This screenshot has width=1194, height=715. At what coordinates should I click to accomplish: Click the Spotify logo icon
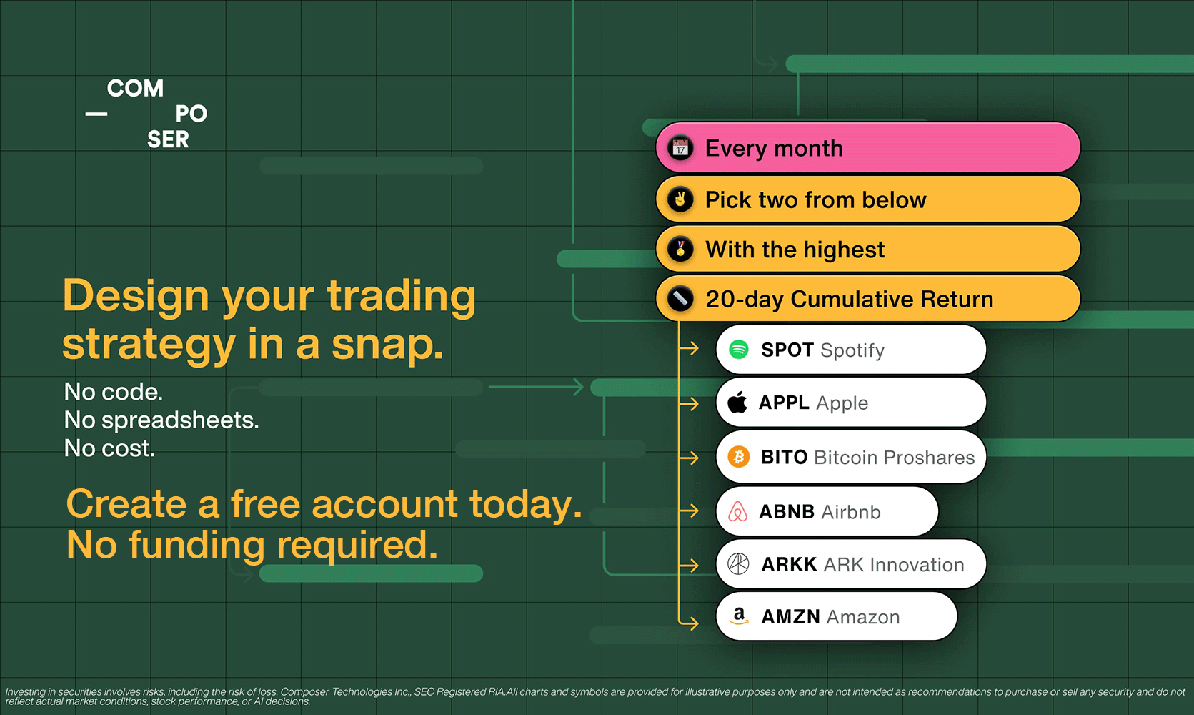[x=739, y=349]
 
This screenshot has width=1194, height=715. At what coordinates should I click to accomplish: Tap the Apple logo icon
[x=737, y=402]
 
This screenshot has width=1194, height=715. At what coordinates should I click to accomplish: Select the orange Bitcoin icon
[x=739, y=457]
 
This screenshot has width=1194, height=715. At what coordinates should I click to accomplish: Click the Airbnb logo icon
[x=738, y=511]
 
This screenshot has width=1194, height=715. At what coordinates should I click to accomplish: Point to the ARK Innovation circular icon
[x=739, y=563]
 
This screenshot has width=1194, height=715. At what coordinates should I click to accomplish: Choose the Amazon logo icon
[x=739, y=616]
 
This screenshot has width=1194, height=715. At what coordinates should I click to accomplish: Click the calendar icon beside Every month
[x=680, y=148]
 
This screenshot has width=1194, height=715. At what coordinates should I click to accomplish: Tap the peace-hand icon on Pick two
[x=680, y=199]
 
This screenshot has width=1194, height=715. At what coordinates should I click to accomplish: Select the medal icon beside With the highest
[x=680, y=249]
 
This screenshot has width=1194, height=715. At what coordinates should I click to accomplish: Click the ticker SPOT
[x=787, y=350]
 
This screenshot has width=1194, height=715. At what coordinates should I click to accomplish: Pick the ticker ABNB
[x=787, y=511]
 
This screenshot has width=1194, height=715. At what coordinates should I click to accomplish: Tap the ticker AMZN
[x=790, y=616]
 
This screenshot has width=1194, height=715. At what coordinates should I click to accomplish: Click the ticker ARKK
[x=789, y=564]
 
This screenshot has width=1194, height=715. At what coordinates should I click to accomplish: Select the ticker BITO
[x=784, y=457]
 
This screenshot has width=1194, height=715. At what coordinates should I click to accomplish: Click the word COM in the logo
[x=135, y=88]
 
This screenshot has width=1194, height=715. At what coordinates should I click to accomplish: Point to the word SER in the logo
[x=168, y=139]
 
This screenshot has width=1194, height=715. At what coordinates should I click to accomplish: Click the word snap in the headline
[x=387, y=347]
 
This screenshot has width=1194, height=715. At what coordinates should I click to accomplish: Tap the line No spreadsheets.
[x=161, y=420]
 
